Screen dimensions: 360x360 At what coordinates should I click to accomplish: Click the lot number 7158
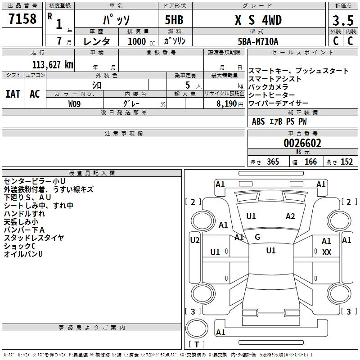pyautogui.click(x=22, y=20)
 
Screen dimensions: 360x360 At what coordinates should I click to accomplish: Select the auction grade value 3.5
pyautogui.click(x=342, y=21)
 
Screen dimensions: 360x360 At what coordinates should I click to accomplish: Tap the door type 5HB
pyautogui.click(x=171, y=21)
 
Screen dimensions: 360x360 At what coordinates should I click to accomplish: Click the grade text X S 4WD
pyautogui.click(x=257, y=21)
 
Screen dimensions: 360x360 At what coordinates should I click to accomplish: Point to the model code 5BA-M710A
pyautogui.click(x=258, y=41)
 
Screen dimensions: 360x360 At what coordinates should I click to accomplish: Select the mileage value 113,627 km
pyautogui.click(x=53, y=64)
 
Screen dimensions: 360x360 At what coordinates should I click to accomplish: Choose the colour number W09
pyautogui.click(x=75, y=103)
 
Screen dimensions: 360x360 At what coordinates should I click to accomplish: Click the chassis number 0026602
pyautogui.click(x=302, y=144)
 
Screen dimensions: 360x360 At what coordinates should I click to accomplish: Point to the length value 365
pyautogui.click(x=271, y=162)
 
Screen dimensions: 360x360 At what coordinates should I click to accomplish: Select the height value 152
pyautogui.click(x=346, y=162)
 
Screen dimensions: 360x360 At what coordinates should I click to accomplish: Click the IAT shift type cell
pyautogui.click(x=13, y=94)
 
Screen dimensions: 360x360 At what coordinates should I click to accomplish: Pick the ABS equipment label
pyautogui.click(x=258, y=121)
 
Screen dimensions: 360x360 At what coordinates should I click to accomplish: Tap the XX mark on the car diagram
pyautogui.click(x=327, y=252)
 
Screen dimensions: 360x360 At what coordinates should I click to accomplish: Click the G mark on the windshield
pyautogui.click(x=257, y=237)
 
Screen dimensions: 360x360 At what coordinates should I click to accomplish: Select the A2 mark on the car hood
pyautogui.click(x=290, y=216)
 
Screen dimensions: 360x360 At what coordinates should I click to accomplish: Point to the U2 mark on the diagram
pyautogui.click(x=195, y=240)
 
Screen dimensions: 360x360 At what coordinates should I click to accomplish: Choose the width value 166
pyautogui.click(x=310, y=162)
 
